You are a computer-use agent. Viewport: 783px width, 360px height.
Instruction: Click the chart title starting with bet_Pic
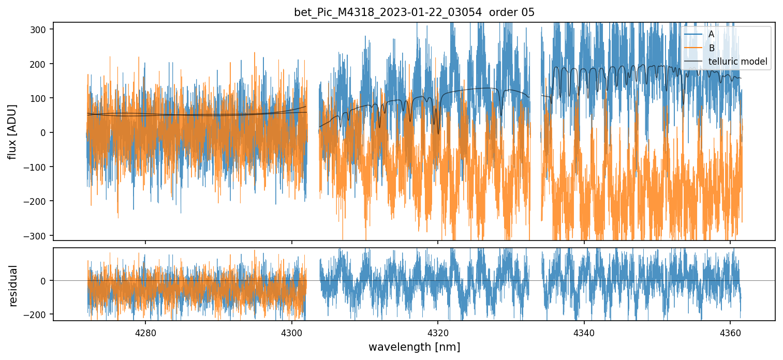[x=414, y=12]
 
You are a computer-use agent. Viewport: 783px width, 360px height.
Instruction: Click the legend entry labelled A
[x=711, y=34]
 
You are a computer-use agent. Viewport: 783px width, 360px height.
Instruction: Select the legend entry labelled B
[x=712, y=48]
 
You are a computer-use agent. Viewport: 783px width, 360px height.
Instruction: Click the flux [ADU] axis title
[x=12, y=131]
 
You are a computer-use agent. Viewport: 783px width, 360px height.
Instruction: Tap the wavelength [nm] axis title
[x=414, y=347]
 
